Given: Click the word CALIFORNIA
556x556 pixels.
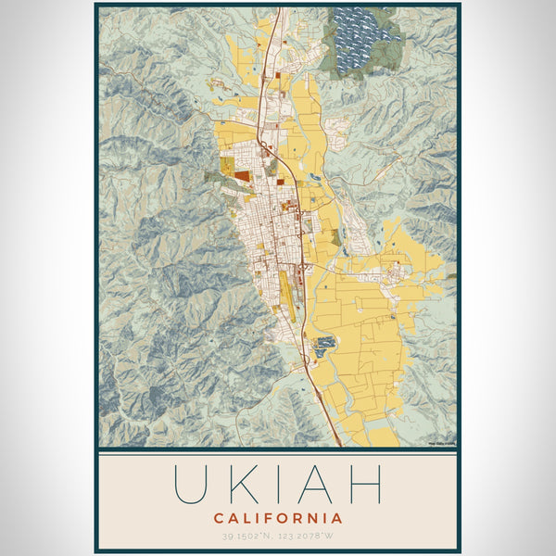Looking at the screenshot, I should coord(278,518).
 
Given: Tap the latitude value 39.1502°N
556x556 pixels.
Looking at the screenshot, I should coord(245,537).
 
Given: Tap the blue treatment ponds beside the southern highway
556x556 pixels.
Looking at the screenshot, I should coord(325,347).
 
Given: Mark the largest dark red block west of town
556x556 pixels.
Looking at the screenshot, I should coord(242,172).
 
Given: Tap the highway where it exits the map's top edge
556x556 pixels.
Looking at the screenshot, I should coord(274,11).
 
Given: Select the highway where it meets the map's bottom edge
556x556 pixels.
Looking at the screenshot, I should coord(339,444).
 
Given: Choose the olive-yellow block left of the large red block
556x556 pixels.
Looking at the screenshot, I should coord(226,166).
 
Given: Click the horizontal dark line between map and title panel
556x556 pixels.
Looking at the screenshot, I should coord(278,449).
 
